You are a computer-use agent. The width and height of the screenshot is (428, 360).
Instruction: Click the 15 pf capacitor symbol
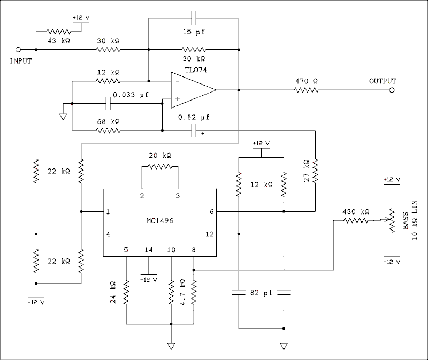[194, 18]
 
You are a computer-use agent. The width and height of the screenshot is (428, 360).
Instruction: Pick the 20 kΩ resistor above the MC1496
[160, 166]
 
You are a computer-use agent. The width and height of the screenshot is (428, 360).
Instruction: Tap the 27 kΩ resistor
[315, 170]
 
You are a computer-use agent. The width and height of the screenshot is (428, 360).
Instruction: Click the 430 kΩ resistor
[356, 220]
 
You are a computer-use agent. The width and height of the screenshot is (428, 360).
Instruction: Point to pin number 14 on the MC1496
[148, 249]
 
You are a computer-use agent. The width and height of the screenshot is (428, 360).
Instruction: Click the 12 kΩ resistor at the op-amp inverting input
[108, 81]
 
